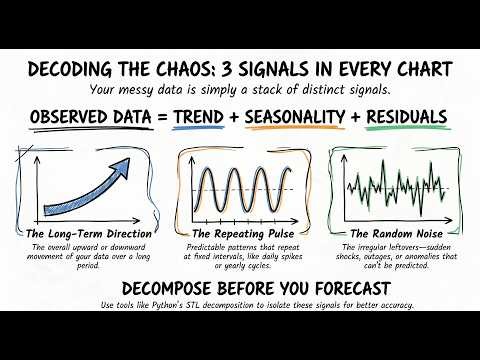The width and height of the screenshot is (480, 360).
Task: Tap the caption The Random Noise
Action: click(399, 235)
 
